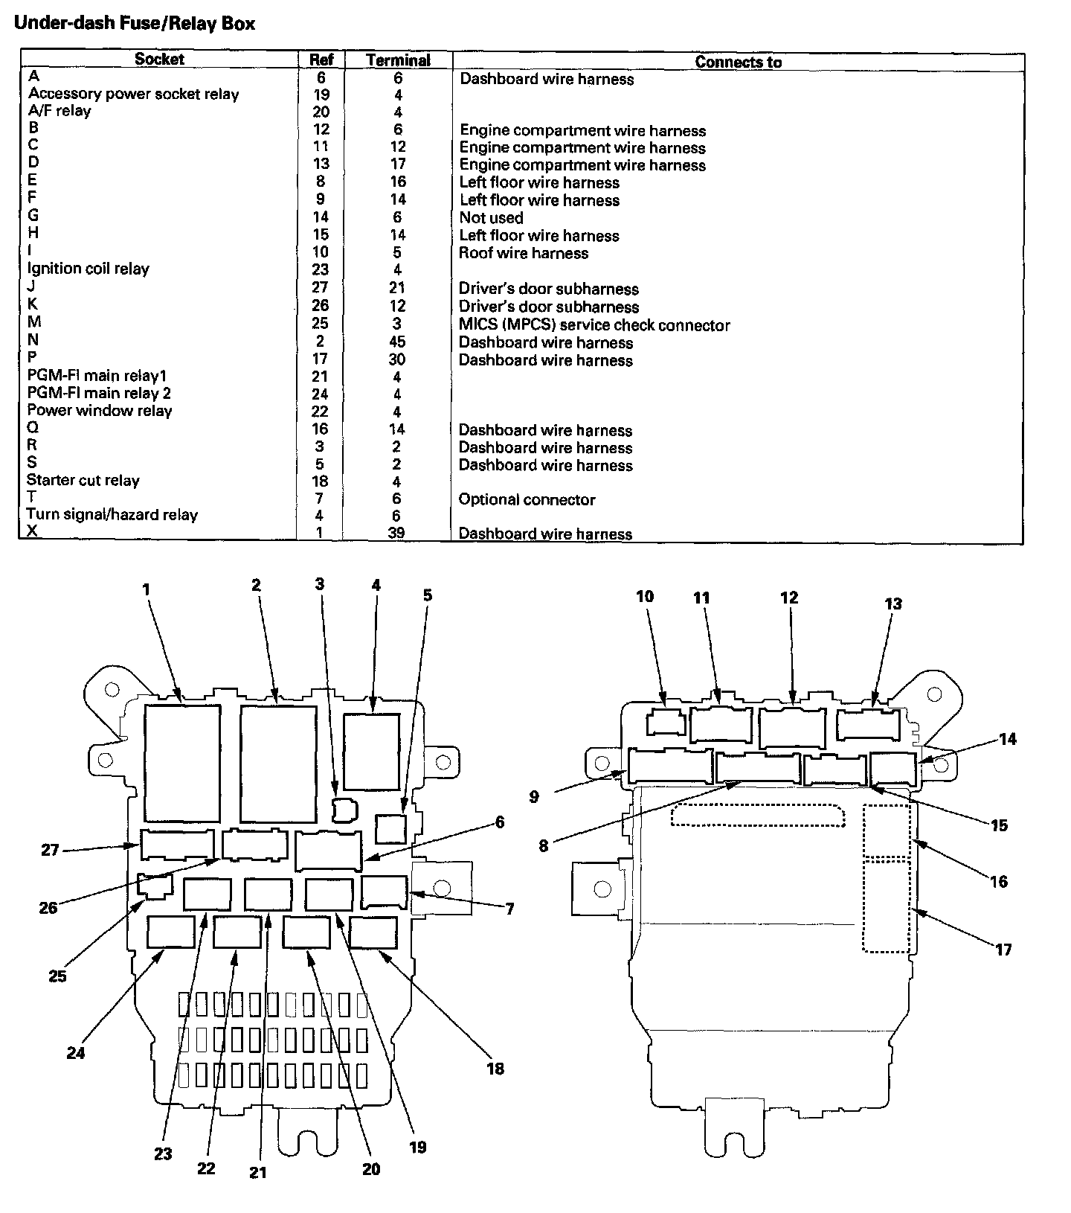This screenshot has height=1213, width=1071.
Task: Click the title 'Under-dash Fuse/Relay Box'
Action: pyautogui.click(x=135, y=23)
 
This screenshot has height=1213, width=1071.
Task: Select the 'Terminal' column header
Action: pyautogui.click(x=398, y=60)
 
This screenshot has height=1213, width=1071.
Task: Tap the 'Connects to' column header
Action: pyautogui.click(x=738, y=62)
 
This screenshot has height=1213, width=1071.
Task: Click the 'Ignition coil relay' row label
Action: pyautogui.click(x=88, y=269)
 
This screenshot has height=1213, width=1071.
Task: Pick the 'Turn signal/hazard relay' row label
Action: pyautogui.click(x=112, y=514)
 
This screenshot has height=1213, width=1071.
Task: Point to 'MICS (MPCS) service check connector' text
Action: pyautogui.click(x=594, y=325)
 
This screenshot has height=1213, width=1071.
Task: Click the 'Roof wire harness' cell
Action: pyautogui.click(x=523, y=253)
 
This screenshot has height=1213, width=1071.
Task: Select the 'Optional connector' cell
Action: pyautogui.click(x=527, y=499)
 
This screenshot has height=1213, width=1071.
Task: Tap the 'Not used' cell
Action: pyautogui.click(x=491, y=218)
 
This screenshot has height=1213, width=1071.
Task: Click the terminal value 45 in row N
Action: pyautogui.click(x=397, y=342)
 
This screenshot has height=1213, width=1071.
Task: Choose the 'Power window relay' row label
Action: pyautogui.click(x=99, y=411)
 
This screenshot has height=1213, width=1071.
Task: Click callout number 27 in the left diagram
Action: pyautogui.click(x=50, y=849)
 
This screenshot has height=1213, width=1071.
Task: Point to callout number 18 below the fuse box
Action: pyautogui.click(x=495, y=1069)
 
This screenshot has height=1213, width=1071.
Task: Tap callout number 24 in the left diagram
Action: pyautogui.click(x=76, y=1052)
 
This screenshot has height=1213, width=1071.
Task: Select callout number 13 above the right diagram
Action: pyautogui.click(x=892, y=604)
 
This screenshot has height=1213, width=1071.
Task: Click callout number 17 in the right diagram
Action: pyautogui.click(x=1003, y=950)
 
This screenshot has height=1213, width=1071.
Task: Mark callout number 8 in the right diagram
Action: pyautogui.click(x=544, y=845)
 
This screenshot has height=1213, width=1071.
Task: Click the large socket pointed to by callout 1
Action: pyautogui.click(x=182, y=763)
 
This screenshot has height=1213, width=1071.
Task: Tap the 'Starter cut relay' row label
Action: pyautogui.click(x=83, y=480)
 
